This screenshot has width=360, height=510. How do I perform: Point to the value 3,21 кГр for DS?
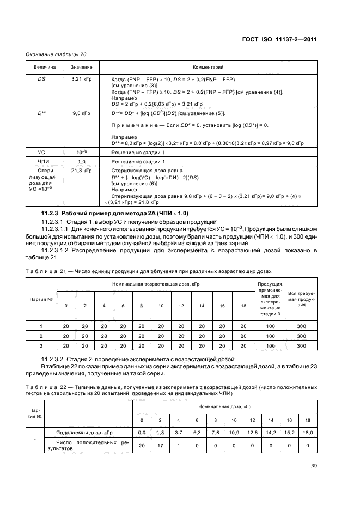coord(81,80)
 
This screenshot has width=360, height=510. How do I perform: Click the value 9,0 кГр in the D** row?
coord(81,113)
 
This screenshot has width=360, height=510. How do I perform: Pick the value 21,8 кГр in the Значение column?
coord(81,171)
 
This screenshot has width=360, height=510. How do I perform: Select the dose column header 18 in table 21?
coord(242,305)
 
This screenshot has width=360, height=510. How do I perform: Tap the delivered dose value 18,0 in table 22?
coord(308,432)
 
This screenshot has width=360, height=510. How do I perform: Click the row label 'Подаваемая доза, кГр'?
coord(80,432)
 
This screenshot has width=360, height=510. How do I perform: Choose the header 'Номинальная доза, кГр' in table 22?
coord(225,407)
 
